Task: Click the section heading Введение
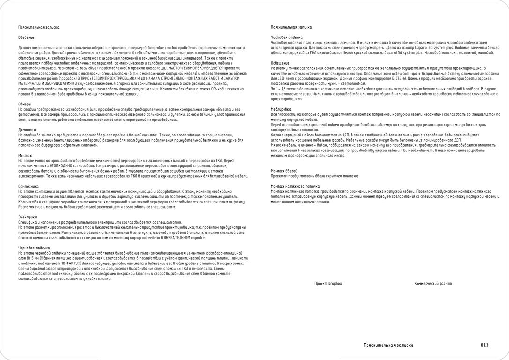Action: (x=26, y=37)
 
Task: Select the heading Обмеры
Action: (x=25, y=104)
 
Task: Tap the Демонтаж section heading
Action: (x=27, y=129)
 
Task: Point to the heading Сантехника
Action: (x=28, y=186)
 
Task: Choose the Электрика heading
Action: (x=27, y=217)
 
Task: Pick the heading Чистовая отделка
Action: (x=287, y=37)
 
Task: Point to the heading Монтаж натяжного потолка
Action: (x=295, y=186)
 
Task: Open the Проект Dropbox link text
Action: (x=328, y=284)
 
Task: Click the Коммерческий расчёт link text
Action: (x=433, y=284)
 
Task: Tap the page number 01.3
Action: (x=484, y=345)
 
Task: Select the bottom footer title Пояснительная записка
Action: (x=389, y=345)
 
